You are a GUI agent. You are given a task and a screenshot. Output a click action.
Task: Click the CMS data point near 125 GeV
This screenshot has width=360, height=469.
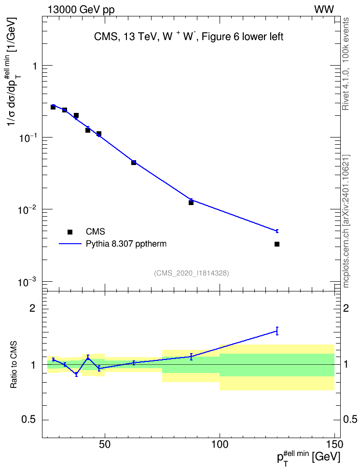tap(277, 244)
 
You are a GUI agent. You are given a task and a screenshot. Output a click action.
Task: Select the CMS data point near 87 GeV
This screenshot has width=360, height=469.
tap(191, 203)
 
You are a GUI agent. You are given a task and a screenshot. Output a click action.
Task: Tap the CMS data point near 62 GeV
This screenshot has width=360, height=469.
tap(134, 163)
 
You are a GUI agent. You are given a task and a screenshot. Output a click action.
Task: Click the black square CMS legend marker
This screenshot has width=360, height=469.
tap(70, 232)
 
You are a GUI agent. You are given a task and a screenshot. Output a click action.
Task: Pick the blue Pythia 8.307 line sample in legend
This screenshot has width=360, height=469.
tap(70, 244)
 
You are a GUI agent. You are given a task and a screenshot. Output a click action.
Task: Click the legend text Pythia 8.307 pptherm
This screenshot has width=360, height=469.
tap(126, 244)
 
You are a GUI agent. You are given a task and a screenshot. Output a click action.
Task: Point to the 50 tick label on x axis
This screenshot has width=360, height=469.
tap(104, 444)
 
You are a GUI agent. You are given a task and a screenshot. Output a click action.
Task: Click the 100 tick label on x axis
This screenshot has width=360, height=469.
tap(220, 444)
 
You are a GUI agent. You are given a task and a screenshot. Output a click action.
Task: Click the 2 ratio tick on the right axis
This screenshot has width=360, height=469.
tap(346, 308)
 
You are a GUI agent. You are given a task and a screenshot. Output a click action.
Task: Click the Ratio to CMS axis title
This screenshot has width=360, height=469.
tap(14, 365)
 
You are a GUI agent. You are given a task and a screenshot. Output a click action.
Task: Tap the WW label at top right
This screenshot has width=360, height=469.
tap(324, 10)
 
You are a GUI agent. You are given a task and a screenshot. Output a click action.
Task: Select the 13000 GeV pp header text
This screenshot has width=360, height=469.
tap(81, 10)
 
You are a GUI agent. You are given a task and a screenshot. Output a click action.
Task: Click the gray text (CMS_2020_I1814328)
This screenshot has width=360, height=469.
tap(192, 273)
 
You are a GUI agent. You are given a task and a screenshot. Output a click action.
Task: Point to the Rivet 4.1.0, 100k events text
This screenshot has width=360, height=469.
tap(346, 64)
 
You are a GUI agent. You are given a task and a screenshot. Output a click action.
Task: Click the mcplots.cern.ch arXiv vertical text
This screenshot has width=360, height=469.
tap(346, 221)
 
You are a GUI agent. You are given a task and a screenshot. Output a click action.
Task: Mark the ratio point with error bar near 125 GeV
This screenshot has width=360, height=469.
tap(277, 331)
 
